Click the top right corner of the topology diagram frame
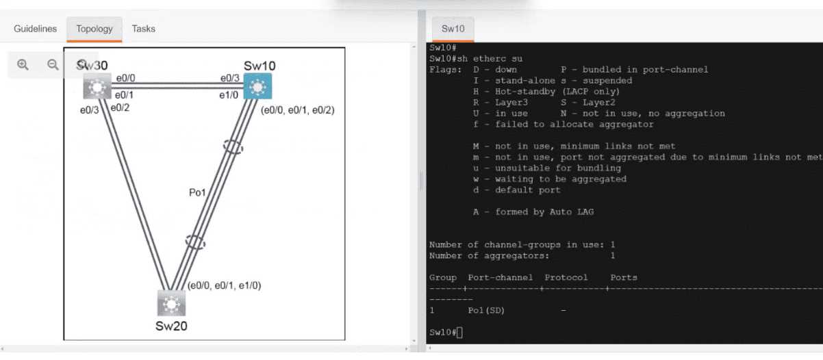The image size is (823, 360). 344,48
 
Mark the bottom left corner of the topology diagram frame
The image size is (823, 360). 64,339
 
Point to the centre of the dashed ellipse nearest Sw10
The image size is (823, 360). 233,147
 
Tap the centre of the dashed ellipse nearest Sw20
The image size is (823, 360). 194,242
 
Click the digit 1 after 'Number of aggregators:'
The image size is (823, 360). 613,256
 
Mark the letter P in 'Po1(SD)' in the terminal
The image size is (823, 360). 470,311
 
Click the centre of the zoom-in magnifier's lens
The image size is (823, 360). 22,64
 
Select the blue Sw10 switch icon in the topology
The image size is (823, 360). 257,86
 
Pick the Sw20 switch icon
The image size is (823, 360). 171,303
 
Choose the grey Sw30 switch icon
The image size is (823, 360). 97,86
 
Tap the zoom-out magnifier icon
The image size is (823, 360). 53,65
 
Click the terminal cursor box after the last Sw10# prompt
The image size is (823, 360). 459,333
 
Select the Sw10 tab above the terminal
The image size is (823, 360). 453,29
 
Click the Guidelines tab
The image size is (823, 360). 36,29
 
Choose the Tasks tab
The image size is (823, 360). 143,29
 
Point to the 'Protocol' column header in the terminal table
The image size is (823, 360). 566,277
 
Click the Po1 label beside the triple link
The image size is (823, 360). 197,192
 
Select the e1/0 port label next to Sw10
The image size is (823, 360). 229,95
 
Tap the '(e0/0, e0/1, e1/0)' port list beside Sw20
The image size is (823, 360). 224,285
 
